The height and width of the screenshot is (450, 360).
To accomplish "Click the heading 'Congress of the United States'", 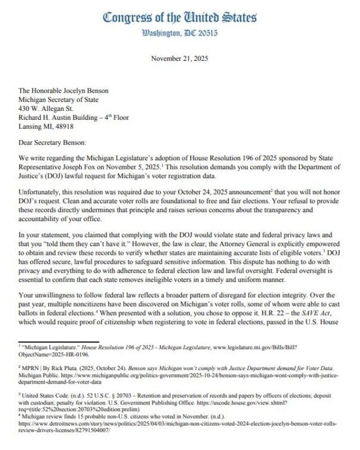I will tap(180, 17).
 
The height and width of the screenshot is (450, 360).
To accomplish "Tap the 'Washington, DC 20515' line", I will tap(180, 33).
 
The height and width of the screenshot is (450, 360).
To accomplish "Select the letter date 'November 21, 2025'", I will tap(180, 58).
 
